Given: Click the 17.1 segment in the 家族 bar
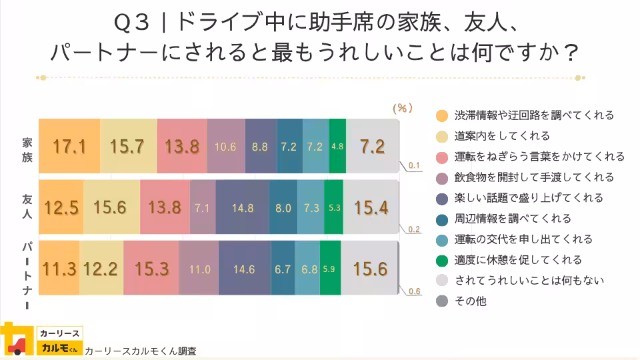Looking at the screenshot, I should coord(69,146).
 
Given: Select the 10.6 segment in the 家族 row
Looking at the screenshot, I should coord(225,147).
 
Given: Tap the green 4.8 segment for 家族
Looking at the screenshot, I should coord(337,147).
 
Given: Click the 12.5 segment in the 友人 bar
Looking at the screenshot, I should coord(61,207).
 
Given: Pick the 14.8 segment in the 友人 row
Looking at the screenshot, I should coord(243,208).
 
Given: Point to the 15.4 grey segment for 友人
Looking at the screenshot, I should coord(371,207).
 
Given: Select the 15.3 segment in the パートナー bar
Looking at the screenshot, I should coord(151,269).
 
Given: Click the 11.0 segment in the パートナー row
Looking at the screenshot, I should coord(199,269).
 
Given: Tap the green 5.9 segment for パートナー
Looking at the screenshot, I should coord(330,269).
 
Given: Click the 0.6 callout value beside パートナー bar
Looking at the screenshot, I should coord(414,291).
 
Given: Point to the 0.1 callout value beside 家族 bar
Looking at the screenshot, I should coord(413,165).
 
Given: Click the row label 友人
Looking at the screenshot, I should coord(27,207).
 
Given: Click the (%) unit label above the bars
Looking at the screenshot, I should coord(403,107).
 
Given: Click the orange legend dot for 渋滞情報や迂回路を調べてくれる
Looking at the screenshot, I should coord(441,115).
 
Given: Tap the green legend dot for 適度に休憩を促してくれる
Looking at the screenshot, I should coord(441,260).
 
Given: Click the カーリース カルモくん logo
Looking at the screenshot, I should coord(41,340).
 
